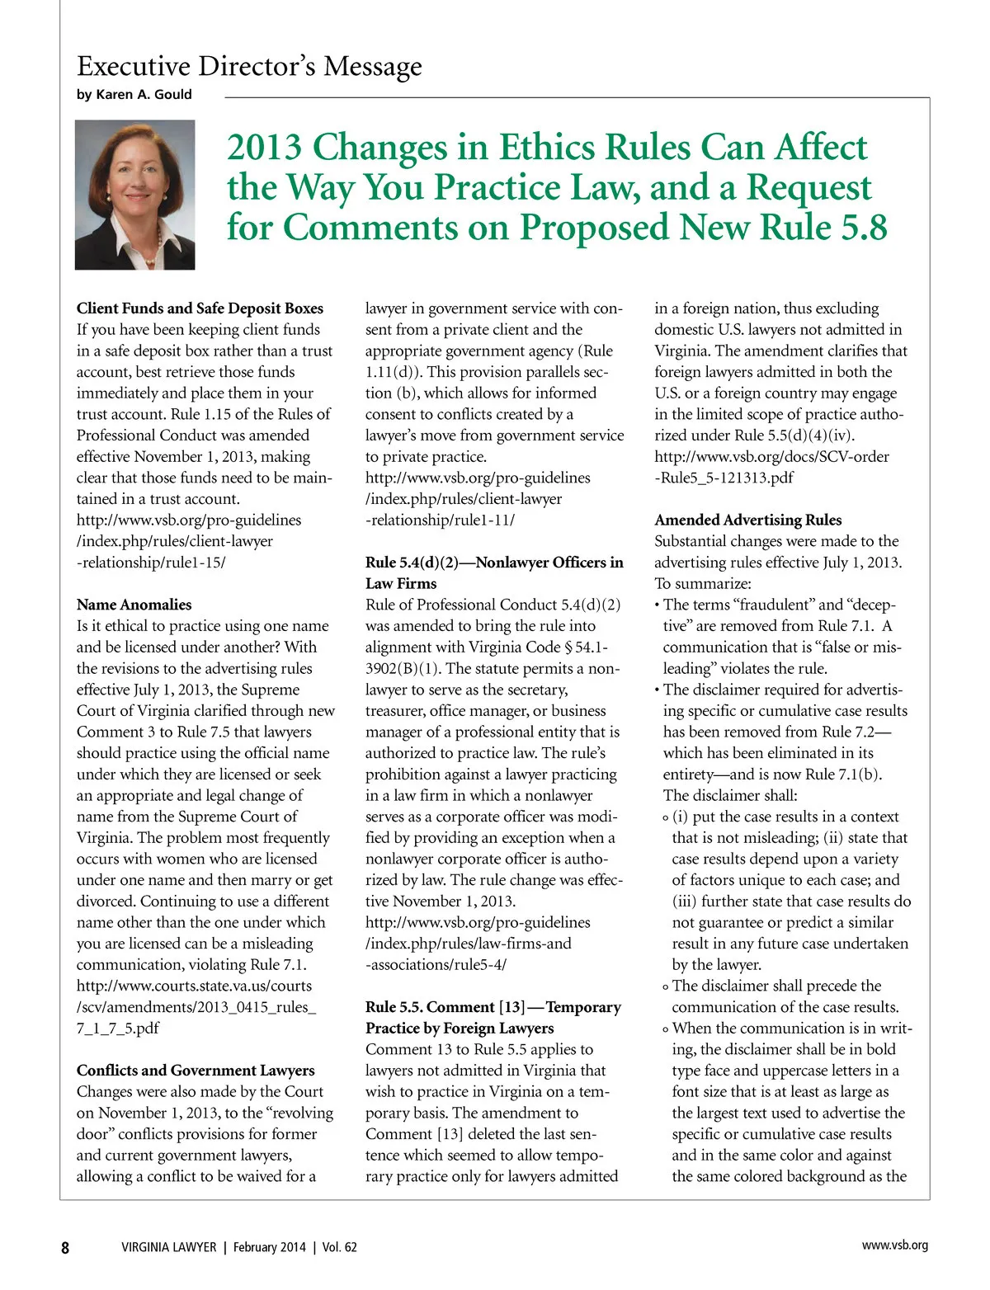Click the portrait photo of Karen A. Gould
(134, 195)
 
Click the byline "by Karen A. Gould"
(134, 94)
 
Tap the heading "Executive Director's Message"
(249, 65)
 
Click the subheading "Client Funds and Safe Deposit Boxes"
(200, 308)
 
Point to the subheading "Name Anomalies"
(134, 605)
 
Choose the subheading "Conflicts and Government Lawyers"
(196, 1071)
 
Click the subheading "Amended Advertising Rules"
(747, 520)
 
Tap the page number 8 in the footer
(65, 1247)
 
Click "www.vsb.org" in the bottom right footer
(894, 1245)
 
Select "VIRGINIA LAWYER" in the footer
(168, 1247)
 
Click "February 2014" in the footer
(269, 1247)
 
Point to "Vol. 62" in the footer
(339, 1247)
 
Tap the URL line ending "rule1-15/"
(151, 563)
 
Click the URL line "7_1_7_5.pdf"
(118, 1028)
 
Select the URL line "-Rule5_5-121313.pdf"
(724, 478)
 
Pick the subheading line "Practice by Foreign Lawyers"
(460, 1028)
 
